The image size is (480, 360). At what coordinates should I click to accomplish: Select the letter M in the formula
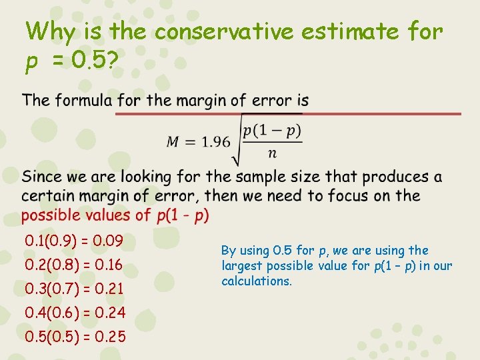click(173, 141)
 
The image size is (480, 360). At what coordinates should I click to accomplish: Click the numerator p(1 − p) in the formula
click(272, 131)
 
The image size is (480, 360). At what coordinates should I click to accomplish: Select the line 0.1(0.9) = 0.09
click(73, 240)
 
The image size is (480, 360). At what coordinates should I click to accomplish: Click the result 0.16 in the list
click(109, 265)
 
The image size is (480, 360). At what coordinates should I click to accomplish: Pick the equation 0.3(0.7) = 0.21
click(73, 289)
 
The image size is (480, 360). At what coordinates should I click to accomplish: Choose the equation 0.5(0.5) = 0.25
click(75, 337)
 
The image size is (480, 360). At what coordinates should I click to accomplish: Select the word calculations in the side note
click(256, 281)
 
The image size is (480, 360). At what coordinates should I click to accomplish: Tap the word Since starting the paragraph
click(41, 177)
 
